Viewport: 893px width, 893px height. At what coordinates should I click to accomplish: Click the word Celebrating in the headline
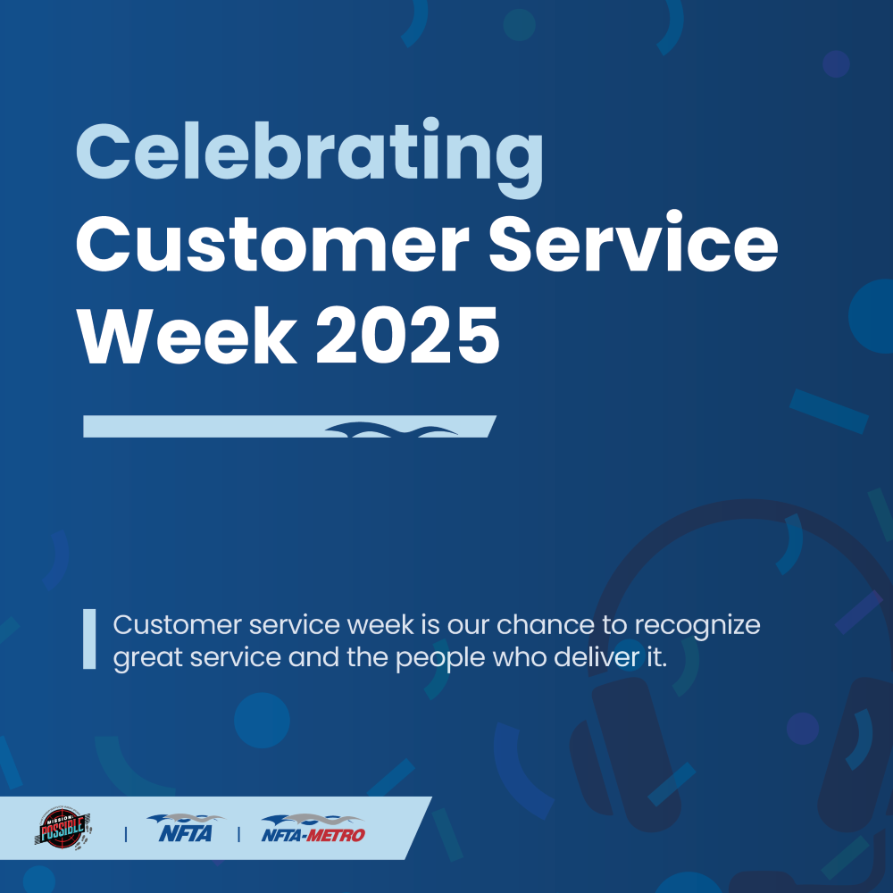point(309,157)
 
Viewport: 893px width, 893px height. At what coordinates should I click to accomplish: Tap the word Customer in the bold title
point(272,245)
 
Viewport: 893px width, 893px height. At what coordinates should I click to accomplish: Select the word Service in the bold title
point(633,241)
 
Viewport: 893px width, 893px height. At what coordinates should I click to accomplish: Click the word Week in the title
point(188,336)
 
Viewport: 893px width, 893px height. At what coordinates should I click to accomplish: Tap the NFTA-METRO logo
point(313,829)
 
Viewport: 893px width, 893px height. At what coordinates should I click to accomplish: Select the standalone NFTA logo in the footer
point(186,829)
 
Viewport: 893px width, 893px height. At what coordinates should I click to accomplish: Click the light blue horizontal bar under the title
point(290,427)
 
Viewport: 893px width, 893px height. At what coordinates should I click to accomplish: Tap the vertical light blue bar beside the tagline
point(89,639)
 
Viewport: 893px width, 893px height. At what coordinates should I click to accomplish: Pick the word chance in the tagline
point(546,625)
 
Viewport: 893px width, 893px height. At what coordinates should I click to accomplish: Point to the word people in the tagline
point(440,659)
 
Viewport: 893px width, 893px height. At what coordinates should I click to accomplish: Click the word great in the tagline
point(148,659)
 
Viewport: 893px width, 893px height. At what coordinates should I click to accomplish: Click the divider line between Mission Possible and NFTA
point(125,834)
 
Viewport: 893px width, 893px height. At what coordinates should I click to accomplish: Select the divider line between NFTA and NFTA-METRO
point(238,834)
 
